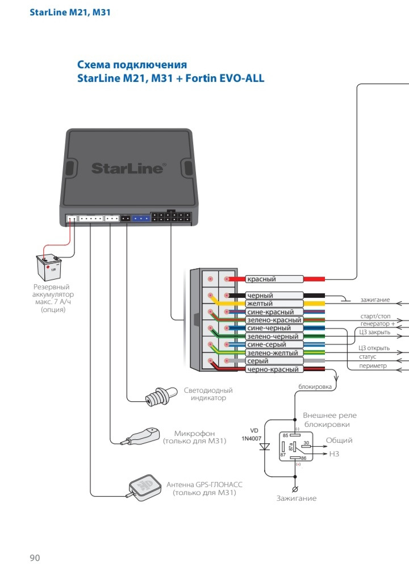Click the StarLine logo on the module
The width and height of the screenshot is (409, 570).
click(x=128, y=168)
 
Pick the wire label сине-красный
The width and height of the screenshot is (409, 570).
click(x=270, y=312)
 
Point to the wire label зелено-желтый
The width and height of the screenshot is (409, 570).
click(x=273, y=353)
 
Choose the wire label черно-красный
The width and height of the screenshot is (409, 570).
click(x=273, y=369)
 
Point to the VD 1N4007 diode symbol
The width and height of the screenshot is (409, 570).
click(x=265, y=447)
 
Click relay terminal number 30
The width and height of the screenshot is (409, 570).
click(x=306, y=443)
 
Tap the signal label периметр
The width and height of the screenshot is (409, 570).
click(x=373, y=365)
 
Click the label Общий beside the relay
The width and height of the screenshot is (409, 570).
click(x=339, y=440)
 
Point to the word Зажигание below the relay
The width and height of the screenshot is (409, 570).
click(x=297, y=498)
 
